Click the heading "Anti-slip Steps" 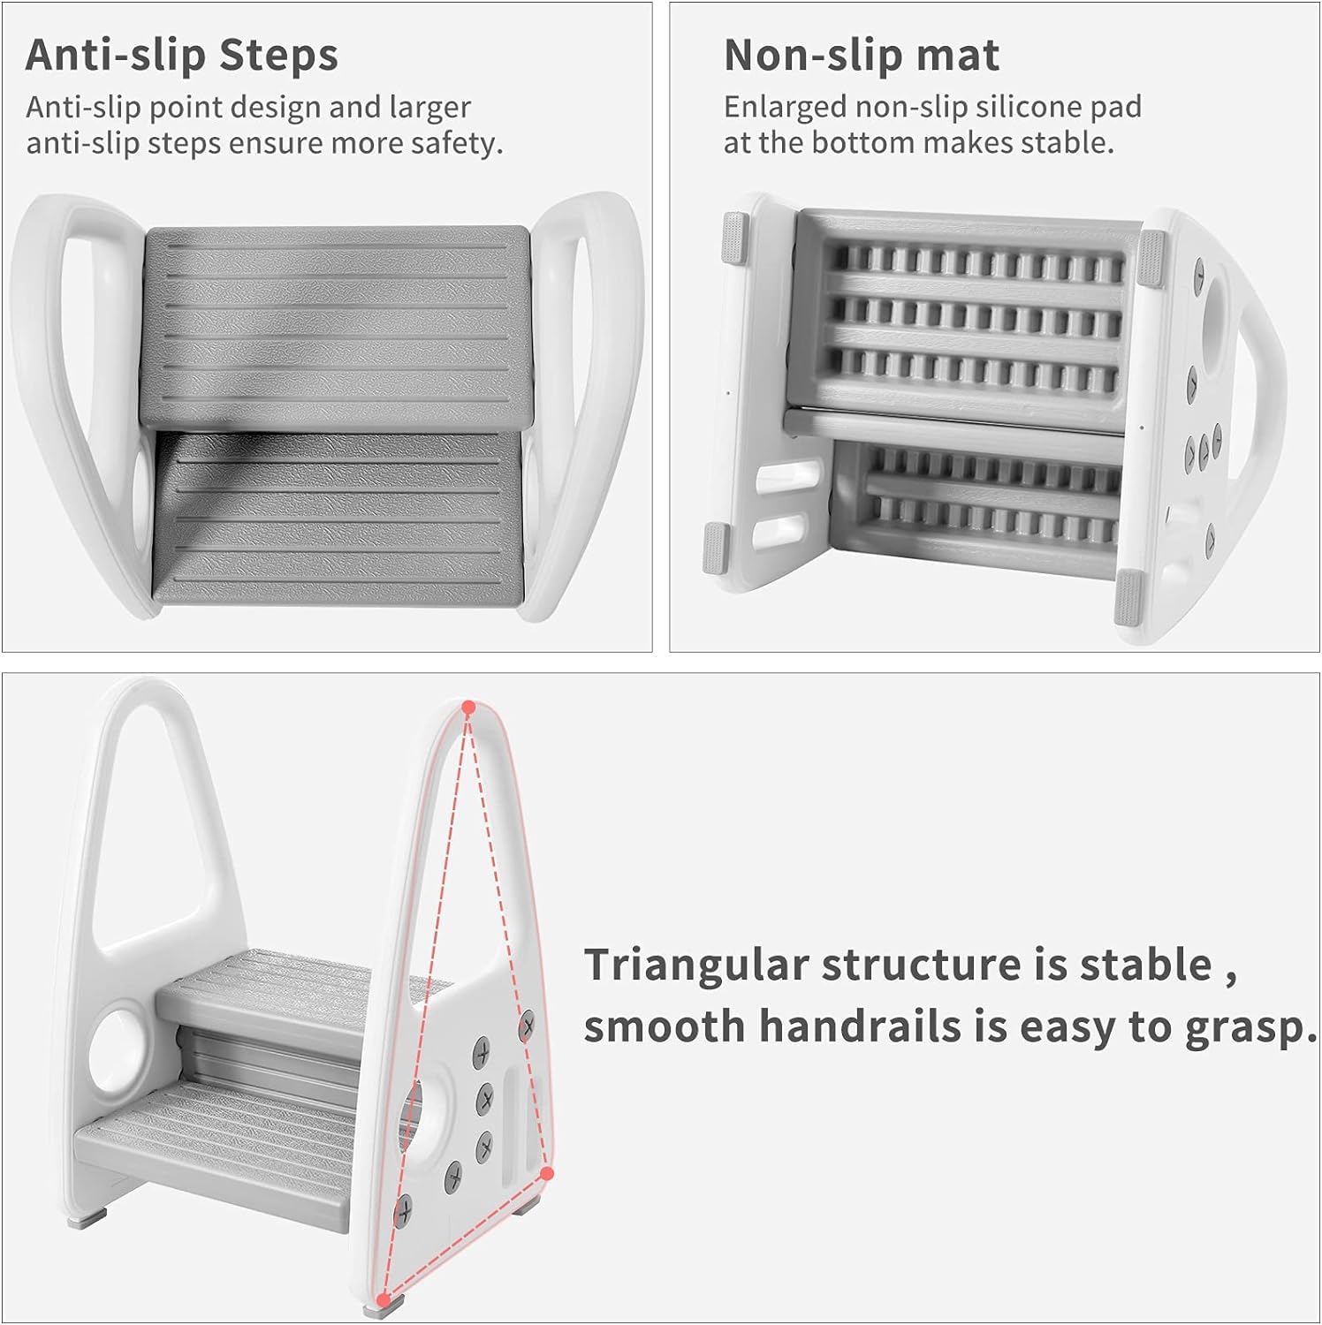(x=182, y=55)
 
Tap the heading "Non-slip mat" (x=862, y=55)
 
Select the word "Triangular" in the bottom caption (x=696, y=966)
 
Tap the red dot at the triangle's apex (x=469, y=708)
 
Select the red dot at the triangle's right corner (x=547, y=1174)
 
